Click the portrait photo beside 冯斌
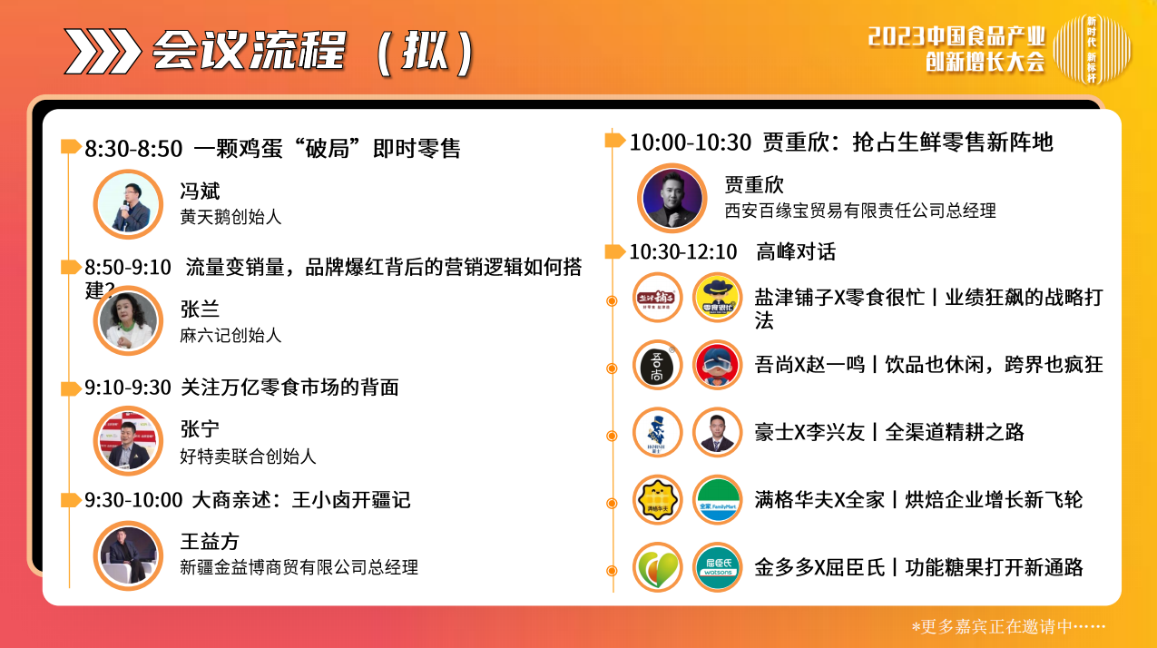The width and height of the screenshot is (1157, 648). pos(128,204)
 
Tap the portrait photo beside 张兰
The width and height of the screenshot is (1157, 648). pos(128,321)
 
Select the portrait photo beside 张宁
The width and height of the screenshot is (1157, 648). pos(128,441)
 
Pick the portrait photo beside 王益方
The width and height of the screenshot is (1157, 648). pos(128,556)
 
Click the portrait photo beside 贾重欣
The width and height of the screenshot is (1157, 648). pos(672,198)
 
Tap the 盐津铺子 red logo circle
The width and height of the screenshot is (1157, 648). pos(657,298)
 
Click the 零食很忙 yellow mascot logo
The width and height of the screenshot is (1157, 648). pos(718,298)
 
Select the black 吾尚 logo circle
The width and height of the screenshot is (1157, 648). pos(657,365)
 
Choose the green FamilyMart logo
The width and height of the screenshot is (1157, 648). pos(718,500)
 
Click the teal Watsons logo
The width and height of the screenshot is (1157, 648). pos(718,567)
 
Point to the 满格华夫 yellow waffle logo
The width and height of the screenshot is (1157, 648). pos(657,500)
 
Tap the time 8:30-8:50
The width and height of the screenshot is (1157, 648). pos(133,149)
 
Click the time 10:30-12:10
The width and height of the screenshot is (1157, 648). pos(682,252)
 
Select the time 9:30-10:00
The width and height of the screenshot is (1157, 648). pos(133,500)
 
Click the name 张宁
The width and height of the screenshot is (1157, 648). pos(200,429)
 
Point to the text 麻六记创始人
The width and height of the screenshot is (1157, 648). pos(230,336)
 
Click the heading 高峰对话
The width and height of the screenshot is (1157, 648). pos(796,252)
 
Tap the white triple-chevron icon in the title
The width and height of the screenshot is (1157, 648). pos(102,51)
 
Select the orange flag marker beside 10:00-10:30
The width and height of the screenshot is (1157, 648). pos(614,140)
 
